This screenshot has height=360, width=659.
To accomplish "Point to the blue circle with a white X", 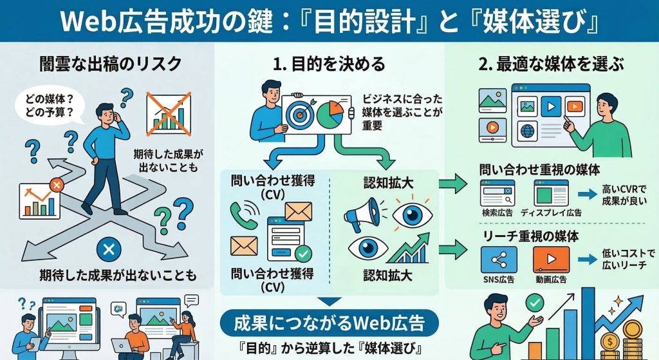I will pos(109,249).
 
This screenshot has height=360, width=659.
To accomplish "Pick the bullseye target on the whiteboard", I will pos(300,113).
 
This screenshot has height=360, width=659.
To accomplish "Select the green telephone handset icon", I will pos(245,215).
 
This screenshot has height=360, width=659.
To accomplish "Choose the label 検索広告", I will pos(497,213).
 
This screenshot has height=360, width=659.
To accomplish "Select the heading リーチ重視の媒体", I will pos(530,236).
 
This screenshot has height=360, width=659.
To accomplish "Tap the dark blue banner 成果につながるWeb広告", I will pos(329,322).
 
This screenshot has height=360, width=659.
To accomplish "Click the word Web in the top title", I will pos(88,21).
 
